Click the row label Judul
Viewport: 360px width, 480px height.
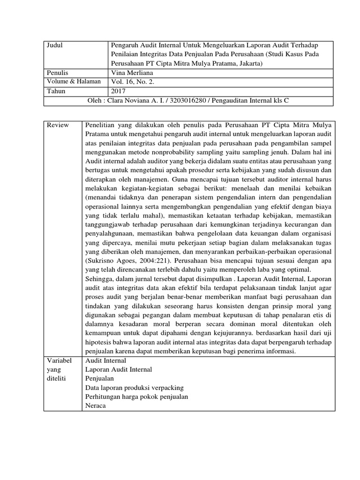pos(55,45)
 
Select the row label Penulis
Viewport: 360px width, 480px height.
pos(58,73)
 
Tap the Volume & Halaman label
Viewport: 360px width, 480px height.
pos(74,82)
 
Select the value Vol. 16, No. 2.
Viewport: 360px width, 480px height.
pos(133,82)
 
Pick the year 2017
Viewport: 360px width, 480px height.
pos(119,91)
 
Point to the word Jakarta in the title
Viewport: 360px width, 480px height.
pos(247,63)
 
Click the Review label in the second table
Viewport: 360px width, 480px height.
pos(58,125)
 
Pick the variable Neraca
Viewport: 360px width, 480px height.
pos(96,406)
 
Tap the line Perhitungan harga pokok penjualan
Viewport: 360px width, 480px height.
pos(136,397)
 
